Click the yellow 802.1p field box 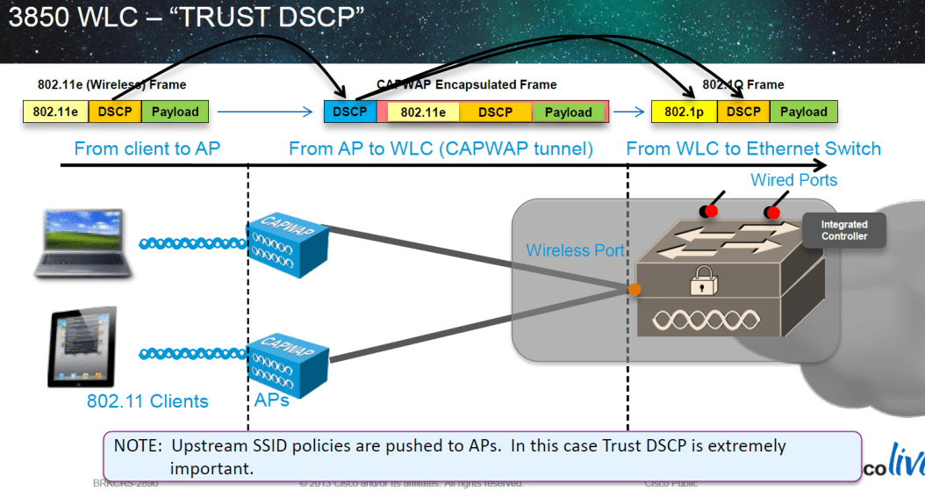tap(684, 112)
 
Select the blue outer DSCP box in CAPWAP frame tap(350, 112)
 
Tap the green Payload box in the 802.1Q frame tap(803, 112)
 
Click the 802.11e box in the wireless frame tap(55, 112)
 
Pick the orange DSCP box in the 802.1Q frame tap(743, 112)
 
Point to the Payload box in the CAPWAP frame tap(568, 112)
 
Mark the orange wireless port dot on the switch tap(634, 289)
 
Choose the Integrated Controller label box tap(843, 230)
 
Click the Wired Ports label tap(793, 180)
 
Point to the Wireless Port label tap(575, 250)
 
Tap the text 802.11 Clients tap(147, 401)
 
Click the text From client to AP tap(147, 148)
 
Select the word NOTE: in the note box tap(139, 446)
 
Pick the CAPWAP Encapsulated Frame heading tap(466, 84)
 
